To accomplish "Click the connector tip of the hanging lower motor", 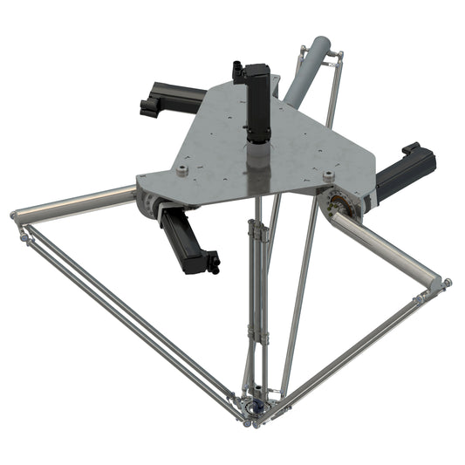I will [211, 262].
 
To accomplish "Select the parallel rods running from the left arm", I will [122, 314].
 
